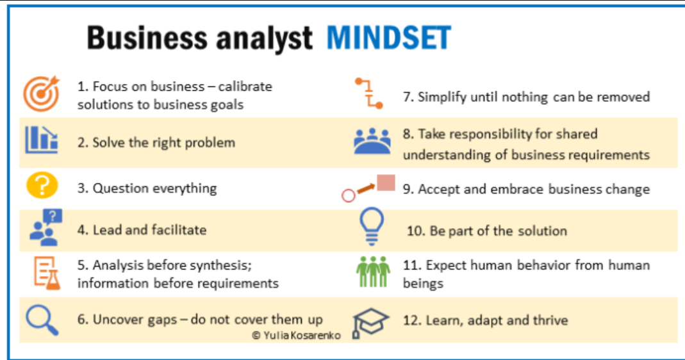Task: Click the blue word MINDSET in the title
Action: point(389,38)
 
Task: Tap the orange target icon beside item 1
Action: point(42,94)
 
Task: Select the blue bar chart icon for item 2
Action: point(42,140)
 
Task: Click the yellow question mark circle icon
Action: point(42,185)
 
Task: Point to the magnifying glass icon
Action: point(42,320)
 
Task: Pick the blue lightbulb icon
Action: point(372,226)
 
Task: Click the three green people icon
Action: point(373,272)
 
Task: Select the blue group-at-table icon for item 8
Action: point(372,142)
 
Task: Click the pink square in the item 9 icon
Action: point(386,183)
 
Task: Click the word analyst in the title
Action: point(264,38)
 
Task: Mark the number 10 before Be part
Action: point(415,231)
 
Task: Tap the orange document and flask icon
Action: point(47,273)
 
